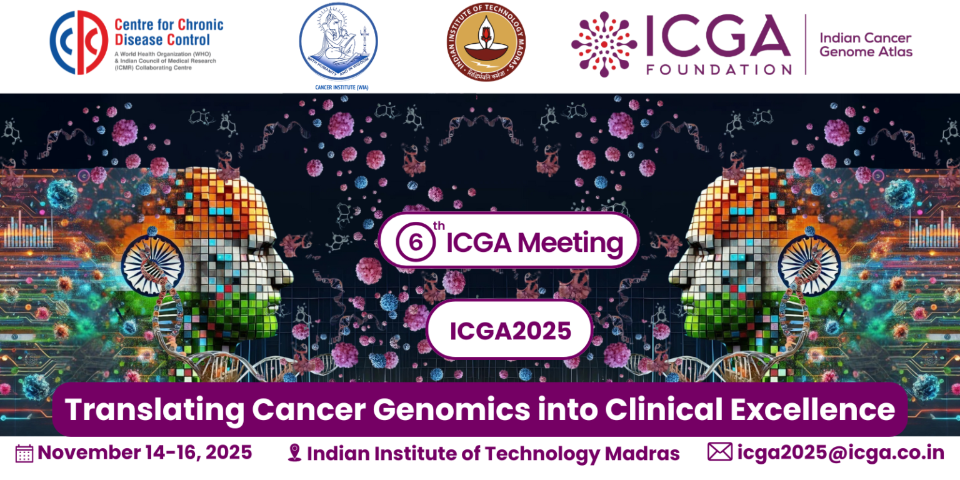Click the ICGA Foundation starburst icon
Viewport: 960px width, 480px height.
point(604,44)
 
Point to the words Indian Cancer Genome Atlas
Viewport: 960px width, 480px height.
point(866,45)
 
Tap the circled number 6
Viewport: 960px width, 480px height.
point(415,242)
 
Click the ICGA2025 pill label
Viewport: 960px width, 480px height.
point(510,330)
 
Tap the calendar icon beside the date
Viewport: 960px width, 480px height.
point(24,453)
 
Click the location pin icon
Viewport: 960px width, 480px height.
point(294,453)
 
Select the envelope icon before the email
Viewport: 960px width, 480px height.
point(720,451)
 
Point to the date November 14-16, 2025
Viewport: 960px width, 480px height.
point(144,452)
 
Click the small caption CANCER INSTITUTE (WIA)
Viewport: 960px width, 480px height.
point(341,87)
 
